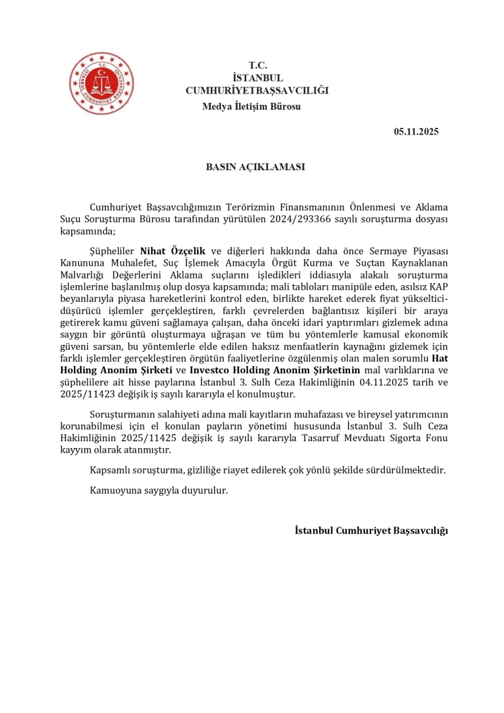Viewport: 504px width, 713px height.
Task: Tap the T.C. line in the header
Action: pos(258,65)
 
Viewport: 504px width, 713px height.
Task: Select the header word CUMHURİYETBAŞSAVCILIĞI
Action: pos(257,89)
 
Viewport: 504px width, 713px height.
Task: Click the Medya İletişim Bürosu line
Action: pos(251,106)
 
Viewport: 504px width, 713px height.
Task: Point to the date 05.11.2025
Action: pos(416,132)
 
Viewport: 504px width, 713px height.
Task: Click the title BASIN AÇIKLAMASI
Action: pos(256,166)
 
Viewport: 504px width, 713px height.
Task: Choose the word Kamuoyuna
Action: pos(115,490)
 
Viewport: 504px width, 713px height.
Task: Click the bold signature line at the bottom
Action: pos(371,530)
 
